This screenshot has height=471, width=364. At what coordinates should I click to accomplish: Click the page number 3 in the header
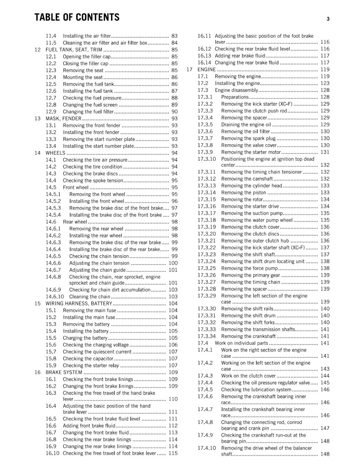[328, 19]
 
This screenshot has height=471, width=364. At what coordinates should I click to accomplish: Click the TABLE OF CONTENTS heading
[77, 17]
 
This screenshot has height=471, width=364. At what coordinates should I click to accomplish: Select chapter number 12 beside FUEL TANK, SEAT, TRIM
[37, 50]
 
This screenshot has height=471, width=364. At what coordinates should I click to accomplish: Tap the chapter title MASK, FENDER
[63, 119]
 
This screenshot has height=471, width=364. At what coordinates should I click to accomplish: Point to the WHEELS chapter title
[55, 153]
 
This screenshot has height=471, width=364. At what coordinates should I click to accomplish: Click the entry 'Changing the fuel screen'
[90, 105]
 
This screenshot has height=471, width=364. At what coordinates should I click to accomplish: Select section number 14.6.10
[54, 297]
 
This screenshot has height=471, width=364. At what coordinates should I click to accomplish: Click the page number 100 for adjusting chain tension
[173, 263]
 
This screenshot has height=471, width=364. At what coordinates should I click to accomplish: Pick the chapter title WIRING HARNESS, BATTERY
[79, 304]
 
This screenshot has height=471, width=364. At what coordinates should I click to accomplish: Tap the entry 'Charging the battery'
[85, 338]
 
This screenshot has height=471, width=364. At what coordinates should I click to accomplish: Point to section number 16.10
[52, 453]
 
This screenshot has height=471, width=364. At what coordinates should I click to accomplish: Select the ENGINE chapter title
[206, 70]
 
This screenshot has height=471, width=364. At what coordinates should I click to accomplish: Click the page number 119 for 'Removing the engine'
[325, 77]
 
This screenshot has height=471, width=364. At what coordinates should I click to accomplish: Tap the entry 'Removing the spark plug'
[248, 138]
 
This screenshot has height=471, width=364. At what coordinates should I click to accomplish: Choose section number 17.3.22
[206, 248]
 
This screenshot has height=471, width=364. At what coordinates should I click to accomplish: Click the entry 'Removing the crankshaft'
[248, 336]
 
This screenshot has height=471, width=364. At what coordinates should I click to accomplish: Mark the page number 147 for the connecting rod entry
[325, 428]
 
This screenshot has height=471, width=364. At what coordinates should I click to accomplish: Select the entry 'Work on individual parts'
[241, 343]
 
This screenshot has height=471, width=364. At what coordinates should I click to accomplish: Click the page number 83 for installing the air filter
[174, 36]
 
